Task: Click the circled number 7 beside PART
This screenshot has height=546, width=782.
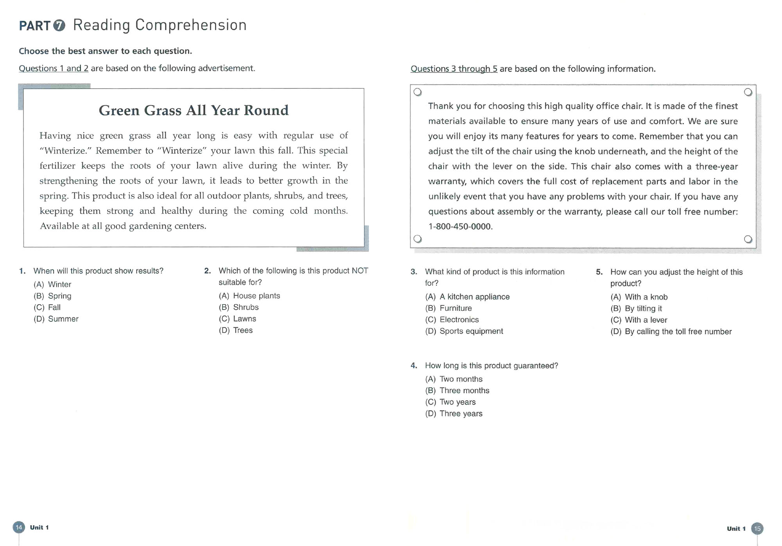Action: pyautogui.click(x=59, y=25)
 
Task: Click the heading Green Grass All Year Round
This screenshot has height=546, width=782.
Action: pyautogui.click(x=194, y=110)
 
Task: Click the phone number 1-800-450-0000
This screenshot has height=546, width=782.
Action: pyautogui.click(x=460, y=227)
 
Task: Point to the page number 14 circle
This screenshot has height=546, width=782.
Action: pyautogui.click(x=19, y=528)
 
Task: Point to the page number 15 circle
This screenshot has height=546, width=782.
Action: pyautogui.click(x=757, y=529)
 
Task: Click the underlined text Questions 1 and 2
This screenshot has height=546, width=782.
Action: pyautogui.click(x=54, y=68)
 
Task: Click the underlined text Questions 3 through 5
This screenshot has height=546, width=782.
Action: pyautogui.click(x=454, y=69)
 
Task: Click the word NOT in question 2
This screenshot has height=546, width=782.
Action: pyautogui.click(x=360, y=271)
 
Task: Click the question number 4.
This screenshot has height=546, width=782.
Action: pyautogui.click(x=414, y=366)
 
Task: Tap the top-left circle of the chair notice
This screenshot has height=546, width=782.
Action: pyautogui.click(x=418, y=92)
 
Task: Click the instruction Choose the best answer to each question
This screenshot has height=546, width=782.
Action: pyautogui.click(x=106, y=51)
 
